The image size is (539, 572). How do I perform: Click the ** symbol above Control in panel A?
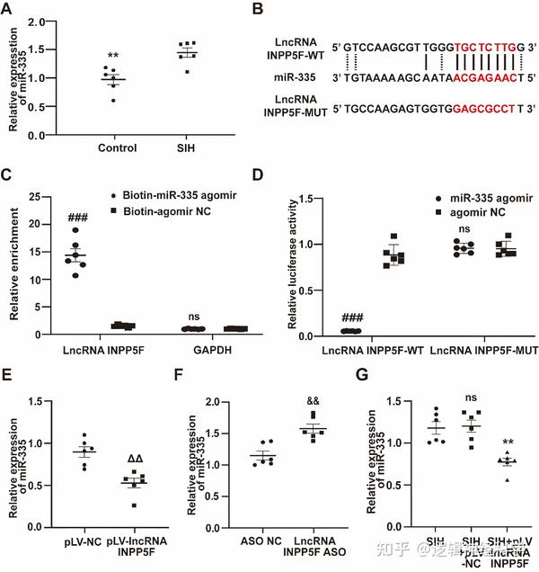113,56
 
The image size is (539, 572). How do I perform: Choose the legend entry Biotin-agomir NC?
177,211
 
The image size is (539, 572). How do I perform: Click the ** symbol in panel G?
508,442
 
